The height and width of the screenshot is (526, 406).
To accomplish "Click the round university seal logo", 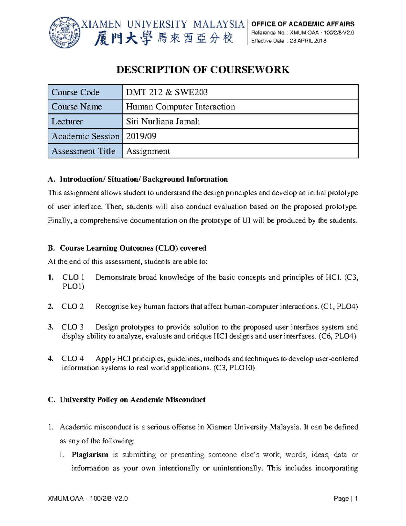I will coord(65,33).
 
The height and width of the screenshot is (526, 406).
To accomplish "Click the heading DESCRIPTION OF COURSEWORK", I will coord(203,70).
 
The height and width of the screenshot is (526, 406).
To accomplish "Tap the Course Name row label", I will coord(77,107).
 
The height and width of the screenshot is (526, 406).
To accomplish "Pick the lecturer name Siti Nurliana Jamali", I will coord(163,122).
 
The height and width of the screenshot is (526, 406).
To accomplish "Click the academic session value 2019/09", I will coord(141,136).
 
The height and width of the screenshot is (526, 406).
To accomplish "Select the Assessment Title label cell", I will coord(84,151).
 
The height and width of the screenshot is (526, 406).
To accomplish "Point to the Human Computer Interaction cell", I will coord(180,107).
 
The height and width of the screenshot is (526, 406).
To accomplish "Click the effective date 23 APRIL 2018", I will coord(308,41).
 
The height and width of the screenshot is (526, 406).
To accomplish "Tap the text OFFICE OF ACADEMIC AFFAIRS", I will coord(302,24).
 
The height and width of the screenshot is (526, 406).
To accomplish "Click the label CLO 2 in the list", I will coord(72,307).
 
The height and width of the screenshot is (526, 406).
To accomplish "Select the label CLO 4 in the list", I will coord(72,359).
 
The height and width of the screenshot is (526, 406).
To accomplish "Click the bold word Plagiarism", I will coord(90,455).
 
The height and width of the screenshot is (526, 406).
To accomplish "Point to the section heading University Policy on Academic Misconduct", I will coord(132,400).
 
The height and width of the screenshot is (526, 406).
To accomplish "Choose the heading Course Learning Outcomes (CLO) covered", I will coord(133,248).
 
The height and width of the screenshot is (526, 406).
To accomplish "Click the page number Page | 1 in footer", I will coord(345,499).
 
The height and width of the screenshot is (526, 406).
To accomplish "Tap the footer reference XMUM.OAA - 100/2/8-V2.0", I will coord(88,499).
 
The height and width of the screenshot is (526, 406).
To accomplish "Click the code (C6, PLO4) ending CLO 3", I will coord(337,336).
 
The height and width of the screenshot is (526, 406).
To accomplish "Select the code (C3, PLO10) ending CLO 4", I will coord(234,368).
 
